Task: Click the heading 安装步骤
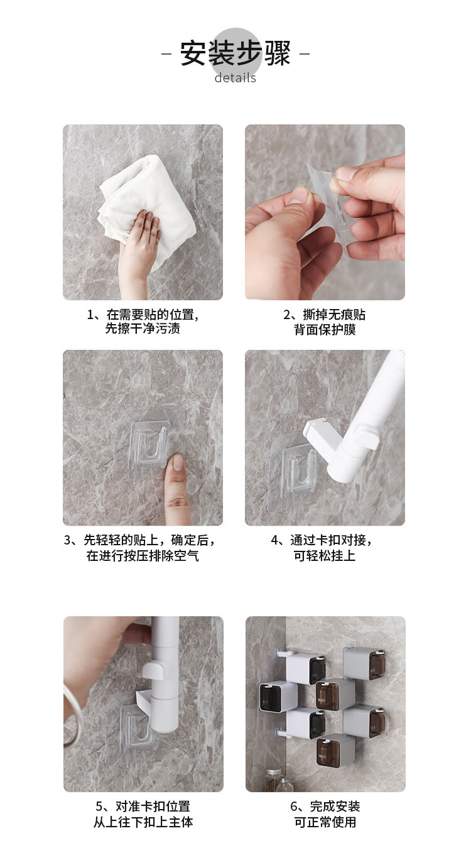pyautogui.click(x=235, y=53)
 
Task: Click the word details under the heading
pyautogui.click(x=235, y=78)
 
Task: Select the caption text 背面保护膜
pyautogui.click(x=325, y=329)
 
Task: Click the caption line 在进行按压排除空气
pyautogui.click(x=143, y=556)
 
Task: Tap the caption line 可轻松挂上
pyautogui.click(x=325, y=556)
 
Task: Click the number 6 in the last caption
pyautogui.click(x=293, y=807)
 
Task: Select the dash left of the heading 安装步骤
pyautogui.click(x=166, y=53)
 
